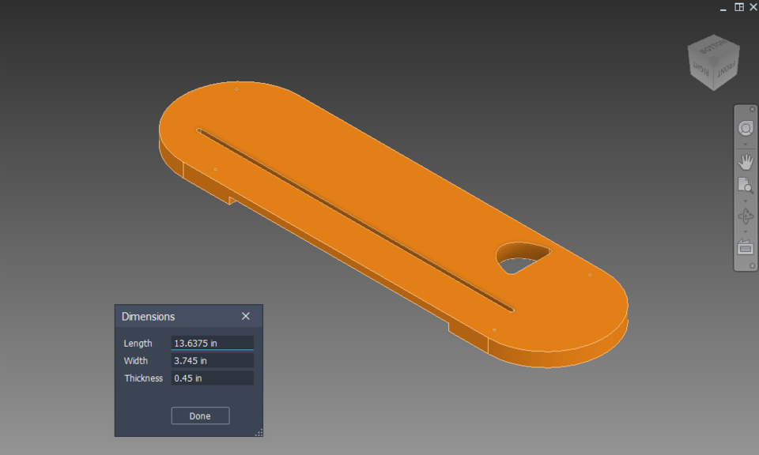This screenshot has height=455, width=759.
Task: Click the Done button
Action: point(200,416)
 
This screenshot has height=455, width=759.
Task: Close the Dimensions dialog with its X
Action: point(246,316)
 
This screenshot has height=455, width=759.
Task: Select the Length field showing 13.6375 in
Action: point(212,343)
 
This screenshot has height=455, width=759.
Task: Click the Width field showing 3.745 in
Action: point(212,361)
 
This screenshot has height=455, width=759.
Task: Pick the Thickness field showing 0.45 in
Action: point(212,378)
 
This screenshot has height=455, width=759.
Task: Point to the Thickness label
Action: point(143,378)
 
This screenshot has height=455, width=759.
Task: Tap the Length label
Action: point(138,344)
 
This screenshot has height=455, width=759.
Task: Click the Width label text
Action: point(135,361)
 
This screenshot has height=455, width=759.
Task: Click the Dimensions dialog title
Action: point(148,317)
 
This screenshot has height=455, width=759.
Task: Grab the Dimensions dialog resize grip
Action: point(259,432)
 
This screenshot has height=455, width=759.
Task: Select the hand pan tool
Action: point(745,162)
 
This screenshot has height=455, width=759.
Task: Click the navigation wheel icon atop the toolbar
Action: point(745,128)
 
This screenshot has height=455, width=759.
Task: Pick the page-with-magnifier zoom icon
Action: point(745,186)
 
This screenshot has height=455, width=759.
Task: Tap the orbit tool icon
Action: point(745,216)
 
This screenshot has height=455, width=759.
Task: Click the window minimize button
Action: point(723,8)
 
